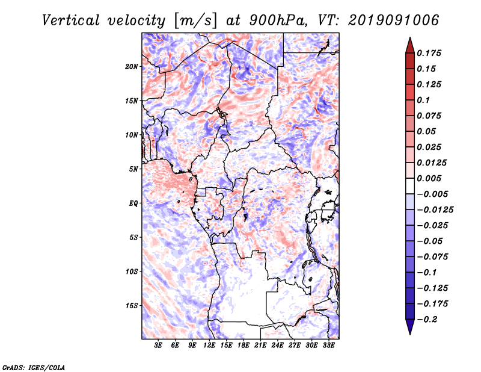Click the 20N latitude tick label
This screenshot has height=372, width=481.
point(132,67)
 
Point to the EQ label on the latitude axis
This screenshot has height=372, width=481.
point(133,203)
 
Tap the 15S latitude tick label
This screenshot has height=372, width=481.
point(132,306)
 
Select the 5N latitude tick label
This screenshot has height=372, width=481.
point(133,169)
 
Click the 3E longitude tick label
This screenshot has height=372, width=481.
point(158,345)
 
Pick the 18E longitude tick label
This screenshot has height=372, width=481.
point(244,345)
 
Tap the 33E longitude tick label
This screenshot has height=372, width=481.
point(328,345)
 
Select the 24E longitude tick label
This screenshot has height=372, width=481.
point(277,345)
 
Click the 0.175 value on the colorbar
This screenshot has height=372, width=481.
point(429,53)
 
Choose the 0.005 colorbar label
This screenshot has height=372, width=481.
point(429,178)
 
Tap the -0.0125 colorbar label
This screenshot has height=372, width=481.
point(435,210)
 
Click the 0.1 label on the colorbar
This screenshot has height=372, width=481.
point(423,100)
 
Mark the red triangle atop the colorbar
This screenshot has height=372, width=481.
point(410,46)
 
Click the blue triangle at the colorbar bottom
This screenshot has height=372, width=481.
point(410,326)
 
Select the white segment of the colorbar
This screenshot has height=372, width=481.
point(410,186)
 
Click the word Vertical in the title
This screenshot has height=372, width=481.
point(71,20)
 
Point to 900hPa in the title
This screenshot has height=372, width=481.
point(278,20)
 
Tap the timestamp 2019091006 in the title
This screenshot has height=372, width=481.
point(394,20)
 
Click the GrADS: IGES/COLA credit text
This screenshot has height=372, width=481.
point(34,367)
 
